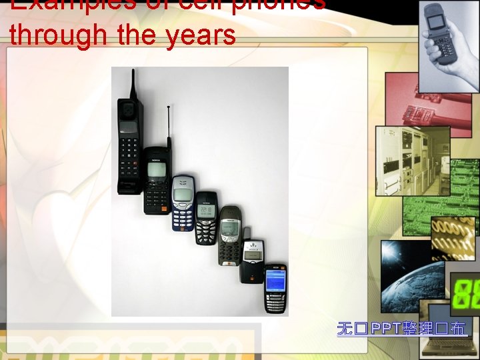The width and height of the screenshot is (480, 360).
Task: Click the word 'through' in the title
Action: tap(59, 35)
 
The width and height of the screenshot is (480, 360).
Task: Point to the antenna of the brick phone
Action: tap(133, 83)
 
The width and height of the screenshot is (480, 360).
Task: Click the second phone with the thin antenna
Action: tap(157, 180)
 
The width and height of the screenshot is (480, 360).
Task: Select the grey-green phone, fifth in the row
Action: tap(230, 235)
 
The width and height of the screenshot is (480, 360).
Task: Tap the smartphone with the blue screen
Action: tap(275, 288)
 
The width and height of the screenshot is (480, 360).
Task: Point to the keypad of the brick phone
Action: tap(130, 163)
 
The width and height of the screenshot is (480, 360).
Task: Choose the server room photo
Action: tap(403, 160)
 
